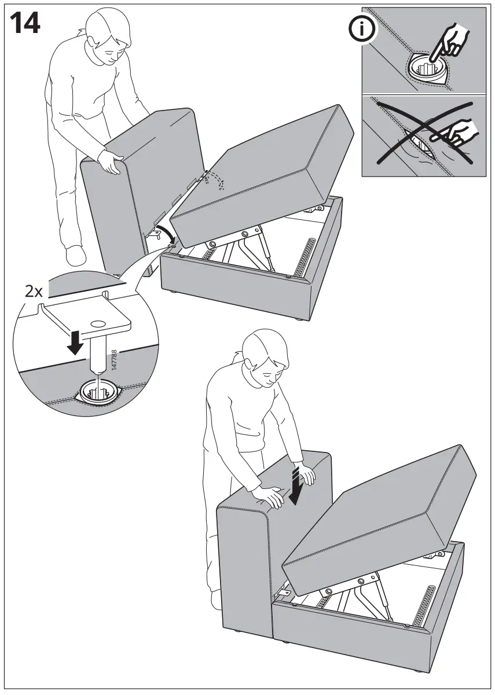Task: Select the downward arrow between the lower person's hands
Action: pos(297,486)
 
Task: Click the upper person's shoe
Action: pos(75,254)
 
